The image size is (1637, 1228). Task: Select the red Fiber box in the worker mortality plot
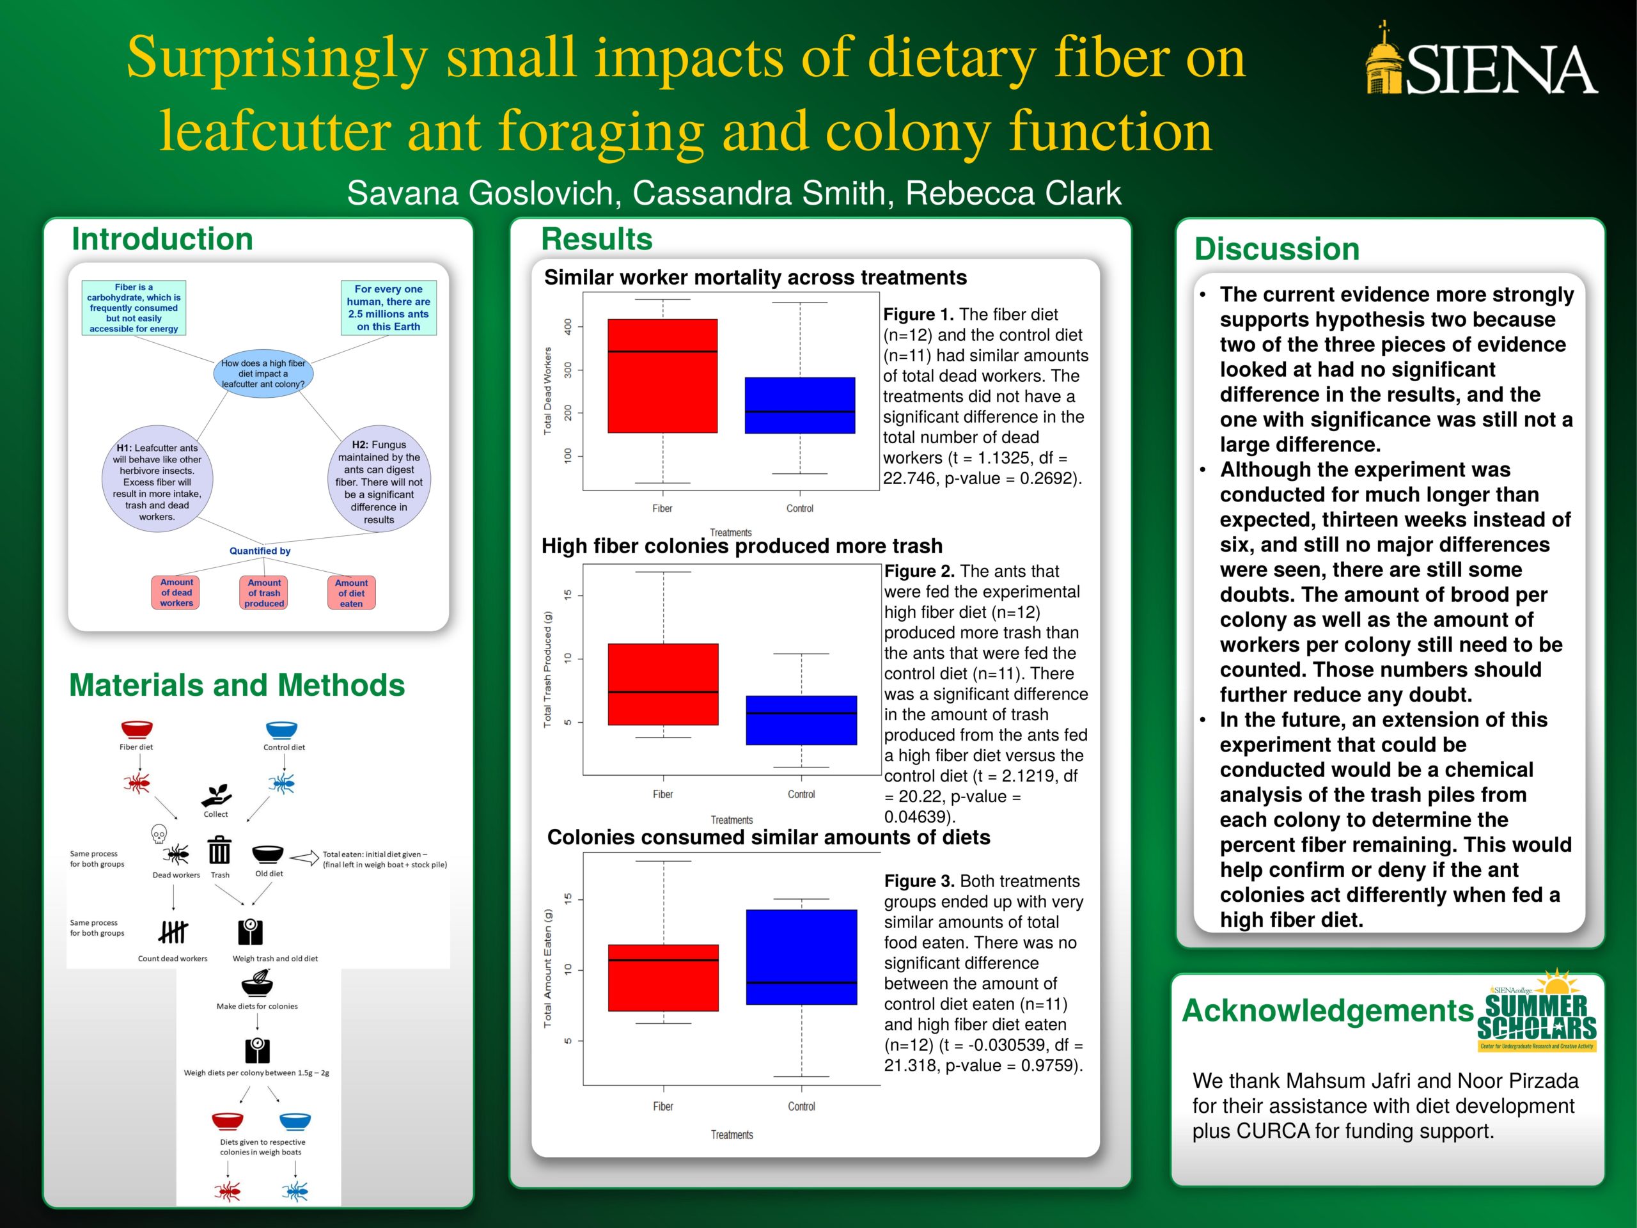pyautogui.click(x=662, y=375)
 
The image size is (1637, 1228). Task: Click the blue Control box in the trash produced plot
pyautogui.click(x=801, y=720)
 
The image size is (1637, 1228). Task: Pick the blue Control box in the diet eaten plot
pyautogui.click(x=801, y=956)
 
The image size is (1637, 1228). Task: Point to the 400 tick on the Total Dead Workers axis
pyautogui.click(x=568, y=326)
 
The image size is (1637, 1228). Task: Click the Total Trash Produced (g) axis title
pyautogui.click(x=547, y=669)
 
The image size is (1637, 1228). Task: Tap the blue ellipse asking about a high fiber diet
pyautogui.click(x=263, y=374)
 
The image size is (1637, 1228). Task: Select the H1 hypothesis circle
pyautogui.click(x=157, y=482)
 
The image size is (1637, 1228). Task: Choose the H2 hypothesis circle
pyautogui.click(x=379, y=482)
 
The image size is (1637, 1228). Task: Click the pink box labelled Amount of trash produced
pyautogui.click(x=264, y=593)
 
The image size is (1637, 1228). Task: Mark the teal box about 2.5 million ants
pyautogui.click(x=389, y=308)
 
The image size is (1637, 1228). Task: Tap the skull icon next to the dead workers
pyautogui.click(x=159, y=834)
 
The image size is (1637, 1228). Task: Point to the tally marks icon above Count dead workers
pyautogui.click(x=173, y=931)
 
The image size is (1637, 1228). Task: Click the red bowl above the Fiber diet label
pyautogui.click(x=137, y=729)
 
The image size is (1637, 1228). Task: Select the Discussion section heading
pyautogui.click(x=1276, y=249)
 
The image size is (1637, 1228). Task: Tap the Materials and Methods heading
pyautogui.click(x=237, y=686)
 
